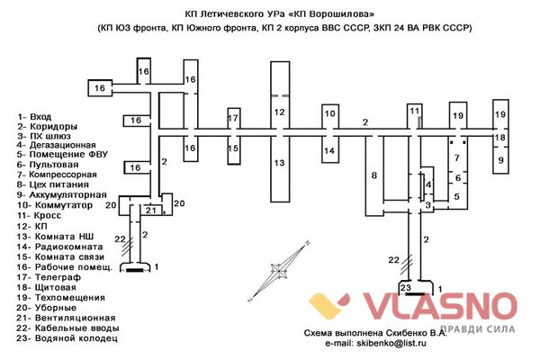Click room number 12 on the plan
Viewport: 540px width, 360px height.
[x=280, y=112]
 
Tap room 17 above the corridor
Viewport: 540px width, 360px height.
[x=233, y=118]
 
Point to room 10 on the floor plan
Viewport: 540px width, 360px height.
[x=329, y=113]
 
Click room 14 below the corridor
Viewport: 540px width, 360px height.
[x=329, y=150]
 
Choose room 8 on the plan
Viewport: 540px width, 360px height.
[x=374, y=175]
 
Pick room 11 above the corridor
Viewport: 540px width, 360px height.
[x=414, y=111]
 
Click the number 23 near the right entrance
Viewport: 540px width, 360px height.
[x=406, y=287]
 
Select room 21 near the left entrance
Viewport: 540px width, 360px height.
[x=151, y=210]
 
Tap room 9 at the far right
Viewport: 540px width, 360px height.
[x=500, y=160]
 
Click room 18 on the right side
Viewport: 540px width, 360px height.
[x=500, y=138]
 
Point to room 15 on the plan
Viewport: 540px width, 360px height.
[x=233, y=148]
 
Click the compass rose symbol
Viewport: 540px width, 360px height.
[x=279, y=270]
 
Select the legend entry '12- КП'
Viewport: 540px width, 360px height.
[x=32, y=226]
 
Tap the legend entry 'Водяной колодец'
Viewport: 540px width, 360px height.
[x=76, y=338]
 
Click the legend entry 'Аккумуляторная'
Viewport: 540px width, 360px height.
[x=67, y=195]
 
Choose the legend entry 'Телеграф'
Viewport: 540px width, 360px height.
[x=58, y=277]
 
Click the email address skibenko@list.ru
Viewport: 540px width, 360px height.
[x=391, y=343]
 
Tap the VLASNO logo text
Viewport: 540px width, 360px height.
[x=440, y=306]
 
